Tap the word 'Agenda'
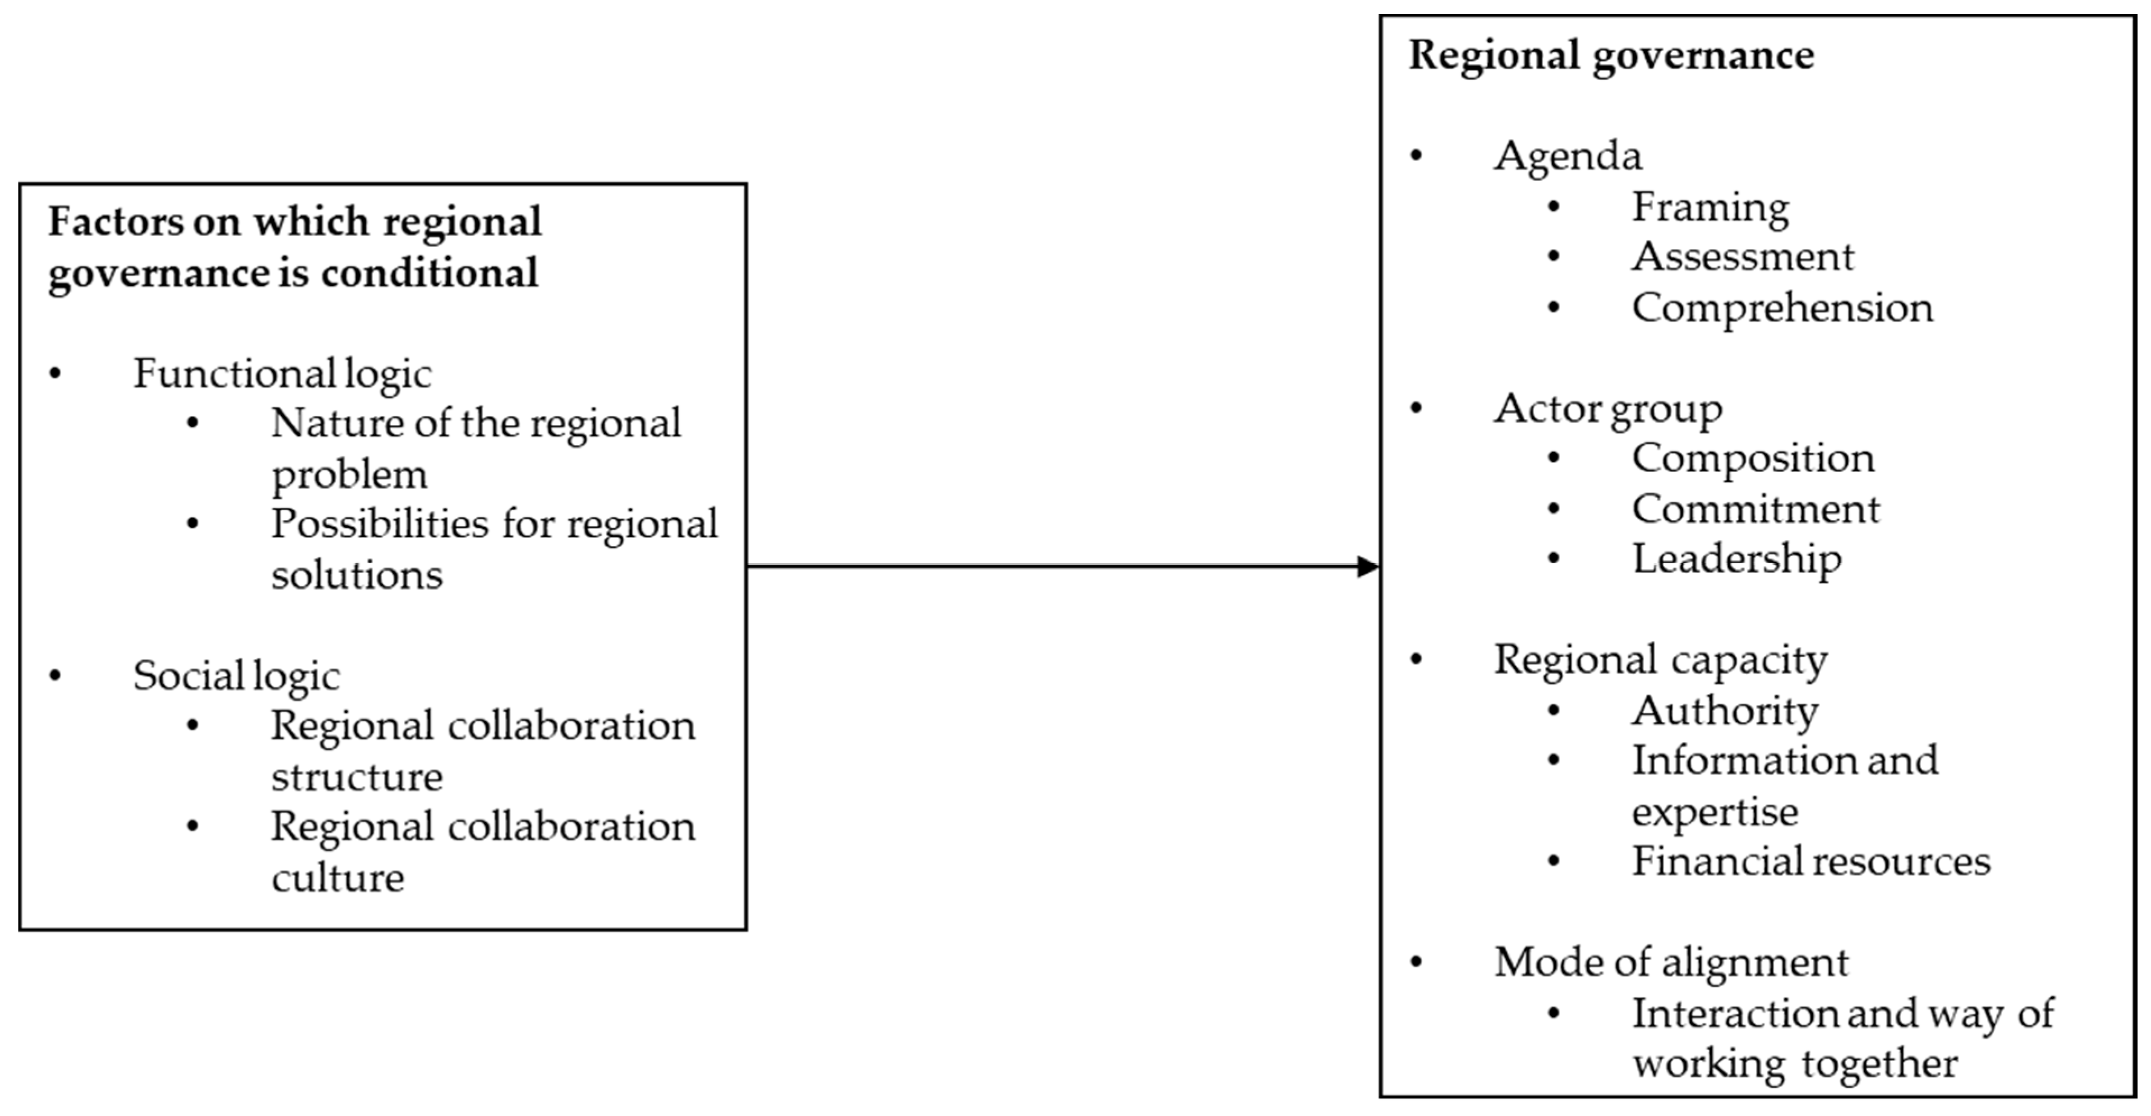pyautogui.click(x=1567, y=156)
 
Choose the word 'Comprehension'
pyautogui.click(x=1782, y=308)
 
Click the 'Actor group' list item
pyautogui.click(x=1608, y=409)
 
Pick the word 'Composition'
pyautogui.click(x=1753, y=459)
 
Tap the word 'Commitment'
pyautogui.click(x=1755, y=509)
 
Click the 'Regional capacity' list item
pyautogui.click(x=1660, y=660)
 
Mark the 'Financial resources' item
pyautogui.click(x=1811, y=862)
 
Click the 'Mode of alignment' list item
pyautogui.click(x=1671, y=962)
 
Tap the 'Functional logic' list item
pyautogui.click(x=282, y=373)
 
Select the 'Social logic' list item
pyautogui.click(x=236, y=675)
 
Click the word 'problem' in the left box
pyautogui.click(x=349, y=475)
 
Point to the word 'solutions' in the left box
pyautogui.click(x=357, y=575)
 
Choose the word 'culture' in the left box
pyautogui.click(x=337, y=877)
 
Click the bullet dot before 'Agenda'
pyautogui.click(x=1416, y=156)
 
